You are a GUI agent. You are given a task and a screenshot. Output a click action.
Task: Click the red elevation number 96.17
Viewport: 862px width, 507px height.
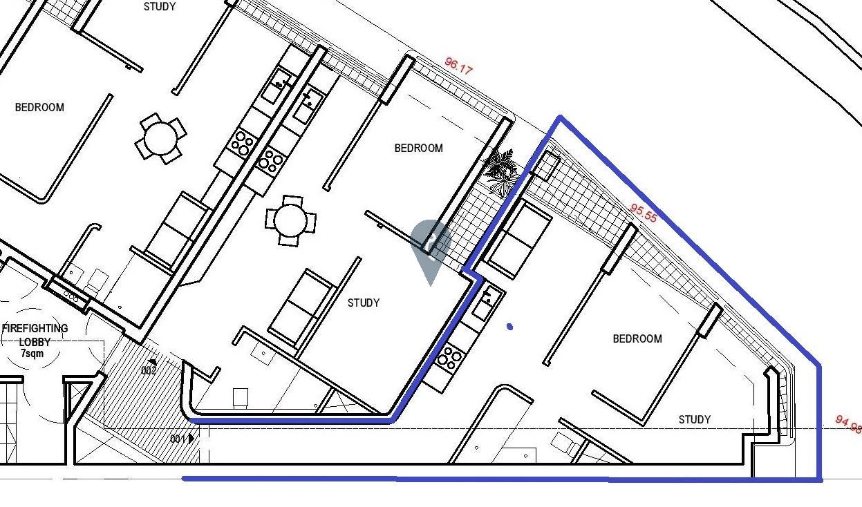[x=458, y=66]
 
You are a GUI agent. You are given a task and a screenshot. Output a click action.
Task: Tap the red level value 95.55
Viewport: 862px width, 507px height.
[x=644, y=213]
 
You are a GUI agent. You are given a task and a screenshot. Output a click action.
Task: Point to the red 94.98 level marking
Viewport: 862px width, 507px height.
[x=848, y=424]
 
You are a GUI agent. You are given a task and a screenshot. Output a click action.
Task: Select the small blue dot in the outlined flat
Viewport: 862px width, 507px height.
[x=510, y=327]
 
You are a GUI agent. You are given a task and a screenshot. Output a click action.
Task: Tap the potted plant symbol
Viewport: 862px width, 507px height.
[x=500, y=172]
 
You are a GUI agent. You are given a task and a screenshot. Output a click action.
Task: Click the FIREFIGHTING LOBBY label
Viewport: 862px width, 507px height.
[x=35, y=335]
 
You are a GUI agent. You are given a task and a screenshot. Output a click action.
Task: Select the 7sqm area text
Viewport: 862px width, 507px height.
[x=32, y=353]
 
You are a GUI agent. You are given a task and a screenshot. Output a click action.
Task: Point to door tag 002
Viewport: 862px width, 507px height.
[x=149, y=370]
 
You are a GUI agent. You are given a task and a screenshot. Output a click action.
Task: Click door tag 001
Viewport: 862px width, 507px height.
[x=178, y=439]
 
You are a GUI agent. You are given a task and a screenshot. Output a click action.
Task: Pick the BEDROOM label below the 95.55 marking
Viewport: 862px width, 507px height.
[x=637, y=339]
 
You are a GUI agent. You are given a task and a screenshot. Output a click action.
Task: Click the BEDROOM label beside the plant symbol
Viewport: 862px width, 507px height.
[x=419, y=148]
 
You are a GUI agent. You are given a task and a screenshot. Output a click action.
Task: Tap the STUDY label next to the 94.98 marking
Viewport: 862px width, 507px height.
[x=695, y=419]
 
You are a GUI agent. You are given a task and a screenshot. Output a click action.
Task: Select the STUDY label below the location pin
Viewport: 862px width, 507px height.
[x=364, y=303]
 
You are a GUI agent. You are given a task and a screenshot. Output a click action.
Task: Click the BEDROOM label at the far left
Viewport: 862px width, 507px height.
[x=39, y=107]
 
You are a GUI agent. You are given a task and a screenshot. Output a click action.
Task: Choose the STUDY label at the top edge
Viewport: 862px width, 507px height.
[x=160, y=6]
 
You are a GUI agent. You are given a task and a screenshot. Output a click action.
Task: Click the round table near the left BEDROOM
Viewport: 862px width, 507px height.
[x=161, y=138]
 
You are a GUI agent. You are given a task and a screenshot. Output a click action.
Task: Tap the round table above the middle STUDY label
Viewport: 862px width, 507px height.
[x=291, y=221]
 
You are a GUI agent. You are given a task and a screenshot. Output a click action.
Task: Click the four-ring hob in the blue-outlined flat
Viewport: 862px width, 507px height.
[x=449, y=358]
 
